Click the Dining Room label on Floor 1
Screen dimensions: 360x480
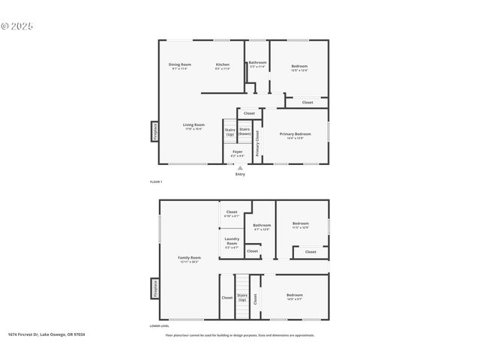(x=180, y=65)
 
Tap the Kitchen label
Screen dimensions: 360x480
(x=223, y=65)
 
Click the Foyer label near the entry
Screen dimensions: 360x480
(x=237, y=153)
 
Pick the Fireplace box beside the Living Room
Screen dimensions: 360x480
(x=155, y=131)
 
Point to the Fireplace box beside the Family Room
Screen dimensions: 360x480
(x=155, y=289)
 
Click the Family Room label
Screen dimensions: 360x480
(x=189, y=259)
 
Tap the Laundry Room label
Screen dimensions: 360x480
(x=232, y=241)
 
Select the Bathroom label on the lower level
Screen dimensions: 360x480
(x=262, y=226)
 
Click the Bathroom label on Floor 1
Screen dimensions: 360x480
(x=257, y=64)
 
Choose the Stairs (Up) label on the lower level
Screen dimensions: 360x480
(x=242, y=298)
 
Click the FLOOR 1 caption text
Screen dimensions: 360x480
(x=156, y=182)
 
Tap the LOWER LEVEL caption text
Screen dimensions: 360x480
(x=160, y=325)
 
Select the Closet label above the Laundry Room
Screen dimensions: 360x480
(x=232, y=213)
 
